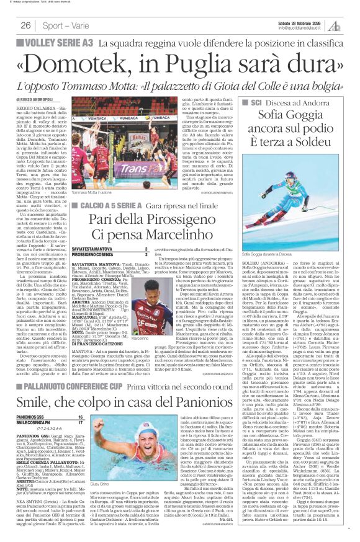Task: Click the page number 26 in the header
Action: coord(25,25)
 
